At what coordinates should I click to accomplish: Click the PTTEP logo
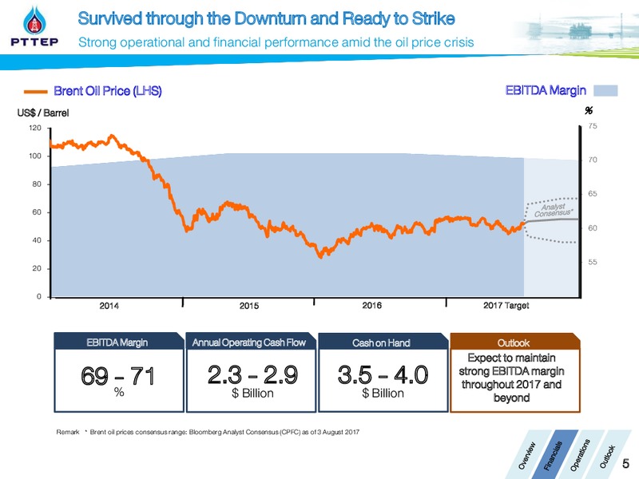click(34, 26)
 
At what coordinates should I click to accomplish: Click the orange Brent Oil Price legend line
click(36, 92)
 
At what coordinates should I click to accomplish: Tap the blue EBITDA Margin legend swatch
click(605, 90)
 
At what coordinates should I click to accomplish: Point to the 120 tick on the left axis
click(35, 128)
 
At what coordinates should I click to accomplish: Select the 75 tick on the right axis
click(593, 126)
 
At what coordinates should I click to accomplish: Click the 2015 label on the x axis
click(249, 306)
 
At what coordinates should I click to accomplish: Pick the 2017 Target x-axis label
click(506, 306)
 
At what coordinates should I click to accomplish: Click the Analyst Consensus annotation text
click(553, 210)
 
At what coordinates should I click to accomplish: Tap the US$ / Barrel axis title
click(43, 113)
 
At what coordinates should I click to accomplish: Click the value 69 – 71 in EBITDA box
click(118, 375)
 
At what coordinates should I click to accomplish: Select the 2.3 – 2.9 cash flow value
click(252, 374)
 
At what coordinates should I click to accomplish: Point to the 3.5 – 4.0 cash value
click(383, 374)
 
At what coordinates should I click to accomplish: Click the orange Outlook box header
click(514, 342)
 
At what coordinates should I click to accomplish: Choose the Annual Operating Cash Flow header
click(249, 342)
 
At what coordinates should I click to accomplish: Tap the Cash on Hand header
click(381, 343)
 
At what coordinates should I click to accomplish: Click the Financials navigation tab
click(553, 455)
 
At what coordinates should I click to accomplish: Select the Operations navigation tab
click(580, 455)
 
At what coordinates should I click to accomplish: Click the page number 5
click(625, 464)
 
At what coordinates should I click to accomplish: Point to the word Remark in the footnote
click(68, 432)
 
